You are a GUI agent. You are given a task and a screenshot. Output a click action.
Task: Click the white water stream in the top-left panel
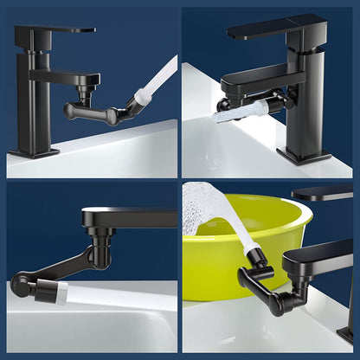coord(156,81)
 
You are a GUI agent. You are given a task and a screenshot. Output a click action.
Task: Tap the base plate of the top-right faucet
coord(303,157)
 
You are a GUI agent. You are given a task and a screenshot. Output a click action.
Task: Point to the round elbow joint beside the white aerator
coord(20,284)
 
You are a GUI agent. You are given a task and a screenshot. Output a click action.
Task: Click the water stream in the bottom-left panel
coord(112,299)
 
